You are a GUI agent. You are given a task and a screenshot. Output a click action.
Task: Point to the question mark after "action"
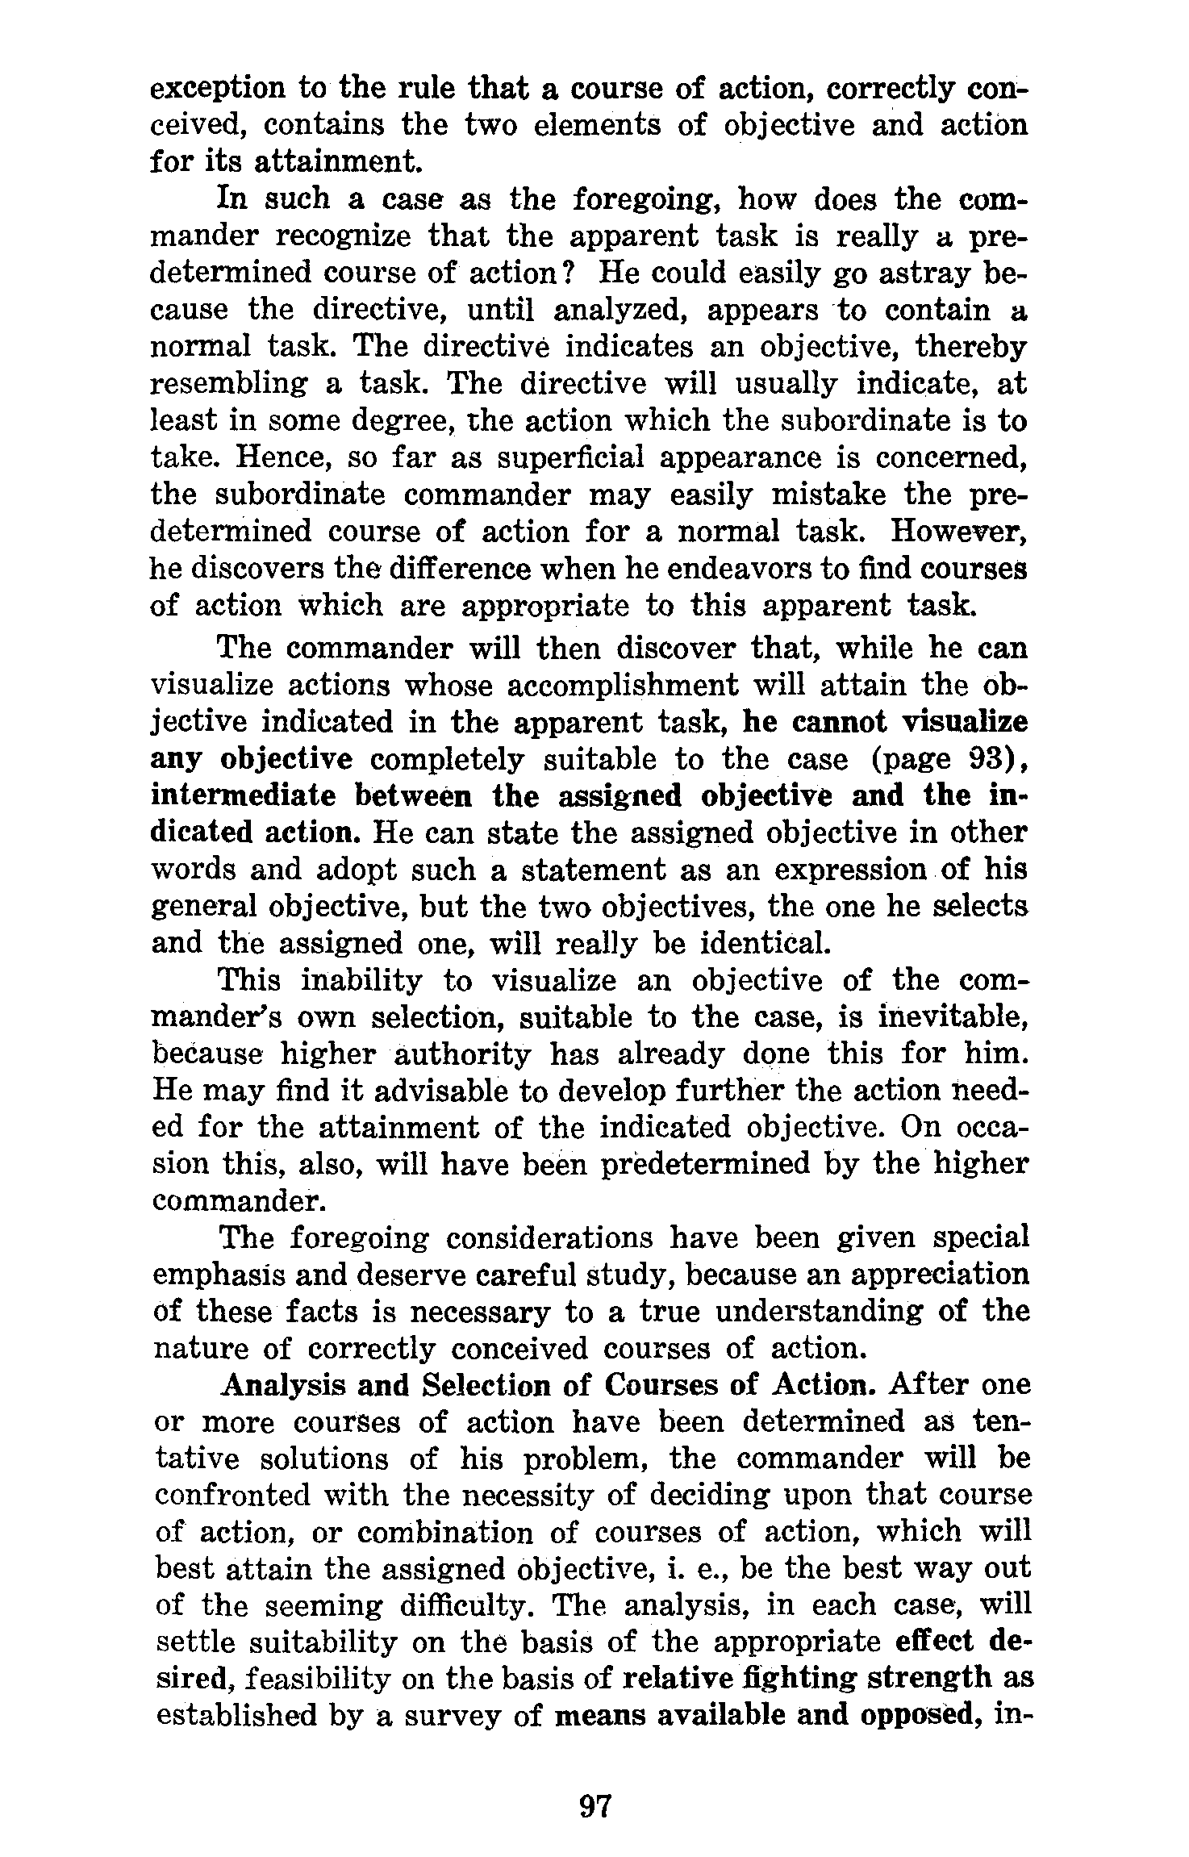pyautogui.click(x=567, y=273)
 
